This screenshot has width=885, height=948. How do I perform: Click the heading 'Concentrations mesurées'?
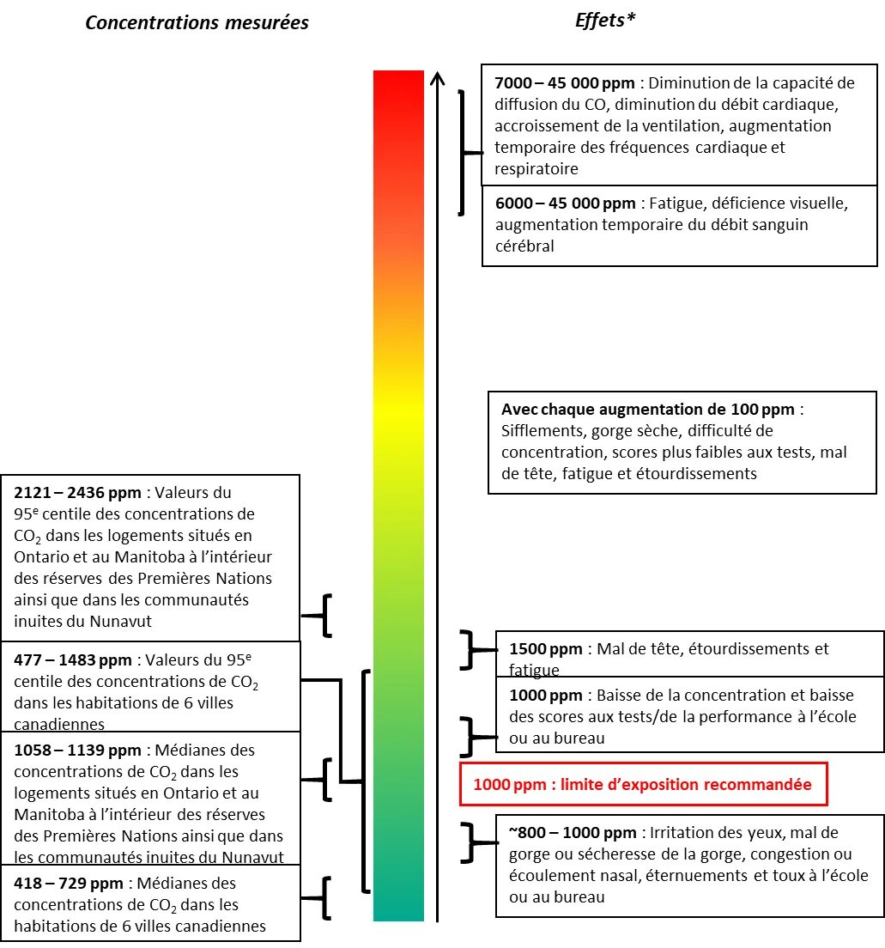(197, 23)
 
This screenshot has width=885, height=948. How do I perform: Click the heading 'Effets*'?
(604, 21)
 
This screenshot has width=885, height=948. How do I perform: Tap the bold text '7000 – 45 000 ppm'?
(565, 83)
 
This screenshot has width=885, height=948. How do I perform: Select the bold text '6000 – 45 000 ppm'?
(565, 204)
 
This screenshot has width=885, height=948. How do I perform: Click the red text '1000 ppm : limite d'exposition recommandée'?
(642, 785)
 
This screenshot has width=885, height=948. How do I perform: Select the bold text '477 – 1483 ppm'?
(73, 660)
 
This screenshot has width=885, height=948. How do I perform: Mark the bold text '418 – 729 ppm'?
(69, 883)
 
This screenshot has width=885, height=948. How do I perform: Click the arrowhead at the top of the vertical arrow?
(437, 78)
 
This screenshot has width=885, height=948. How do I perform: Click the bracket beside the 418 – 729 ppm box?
(324, 898)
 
